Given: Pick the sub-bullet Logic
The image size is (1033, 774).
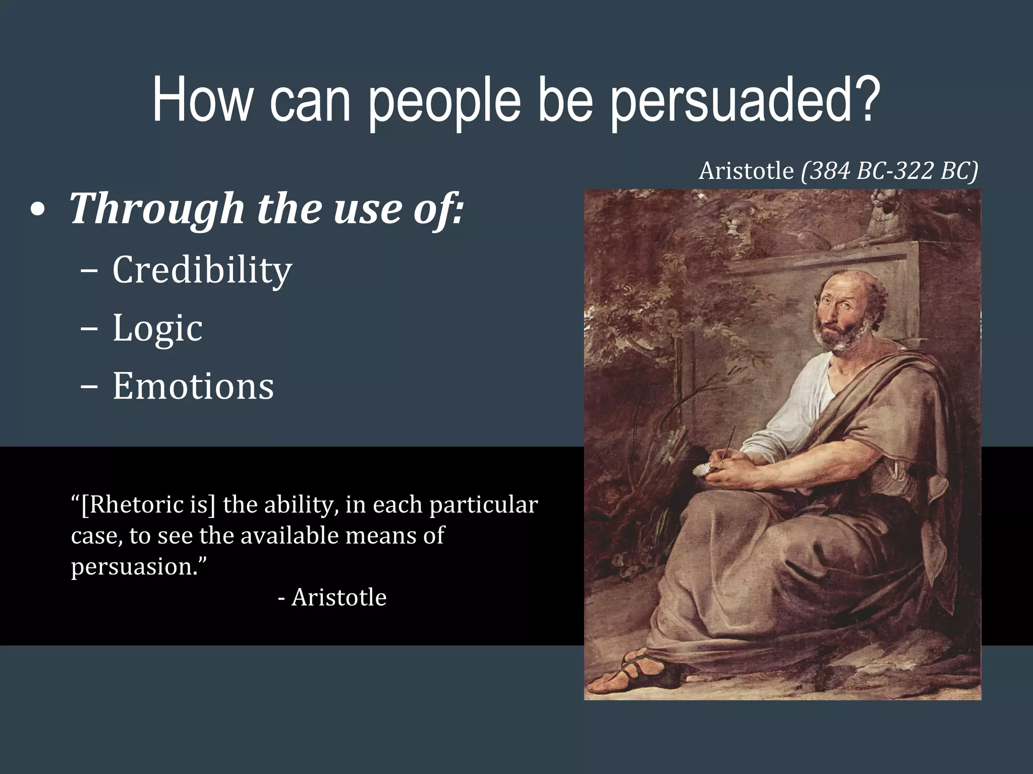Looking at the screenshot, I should coord(157,328).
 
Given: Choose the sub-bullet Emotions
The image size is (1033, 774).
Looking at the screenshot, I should coord(193,386).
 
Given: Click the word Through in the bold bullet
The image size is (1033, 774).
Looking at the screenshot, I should coord(156,209).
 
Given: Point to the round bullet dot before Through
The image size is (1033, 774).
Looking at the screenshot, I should coord(37,211).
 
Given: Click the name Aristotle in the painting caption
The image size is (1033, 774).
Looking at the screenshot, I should coord(746,171).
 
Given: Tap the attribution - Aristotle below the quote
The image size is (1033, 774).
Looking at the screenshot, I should coord(332,598).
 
